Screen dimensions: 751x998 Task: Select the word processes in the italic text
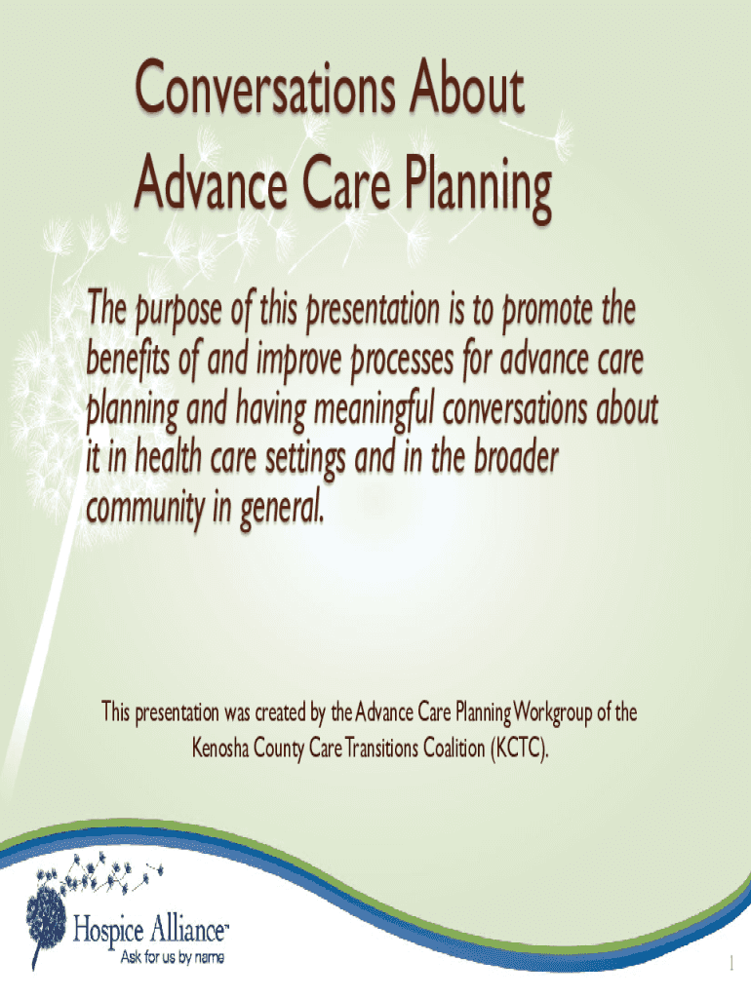(403, 362)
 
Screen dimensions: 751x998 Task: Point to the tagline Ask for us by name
(172, 957)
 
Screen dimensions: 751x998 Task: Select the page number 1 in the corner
(731, 963)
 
